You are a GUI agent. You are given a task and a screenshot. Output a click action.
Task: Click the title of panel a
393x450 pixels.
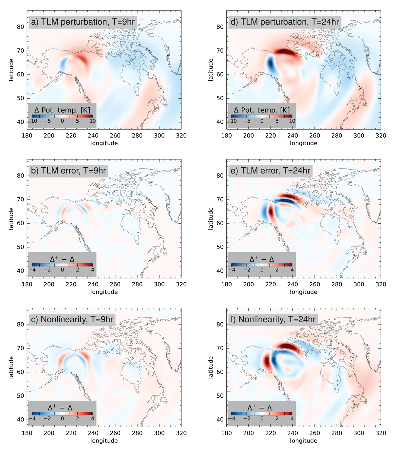click(x=83, y=22)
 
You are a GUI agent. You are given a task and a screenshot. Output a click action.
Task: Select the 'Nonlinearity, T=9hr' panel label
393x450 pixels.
click(x=72, y=319)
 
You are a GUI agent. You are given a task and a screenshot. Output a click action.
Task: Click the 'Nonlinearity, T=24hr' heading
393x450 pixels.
click(x=272, y=319)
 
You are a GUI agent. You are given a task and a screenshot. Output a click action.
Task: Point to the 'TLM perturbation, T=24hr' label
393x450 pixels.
click(x=285, y=22)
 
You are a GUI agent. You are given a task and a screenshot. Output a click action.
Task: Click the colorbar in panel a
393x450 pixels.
click(x=62, y=116)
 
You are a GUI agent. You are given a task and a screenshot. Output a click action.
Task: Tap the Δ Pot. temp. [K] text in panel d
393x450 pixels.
click(x=262, y=110)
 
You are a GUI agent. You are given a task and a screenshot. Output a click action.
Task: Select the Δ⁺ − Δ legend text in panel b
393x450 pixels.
click(x=62, y=259)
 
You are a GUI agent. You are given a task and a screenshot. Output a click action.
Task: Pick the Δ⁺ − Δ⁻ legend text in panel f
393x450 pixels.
click(x=262, y=407)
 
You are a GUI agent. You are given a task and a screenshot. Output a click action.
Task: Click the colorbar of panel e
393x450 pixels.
click(x=262, y=265)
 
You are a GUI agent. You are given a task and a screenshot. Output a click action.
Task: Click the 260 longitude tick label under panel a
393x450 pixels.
click(x=115, y=136)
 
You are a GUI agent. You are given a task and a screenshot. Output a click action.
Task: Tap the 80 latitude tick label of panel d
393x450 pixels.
click(x=220, y=27)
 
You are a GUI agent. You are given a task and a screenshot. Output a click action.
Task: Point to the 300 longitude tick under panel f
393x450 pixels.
click(x=359, y=433)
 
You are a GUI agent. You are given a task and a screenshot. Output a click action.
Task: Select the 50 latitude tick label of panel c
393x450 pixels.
click(x=20, y=396)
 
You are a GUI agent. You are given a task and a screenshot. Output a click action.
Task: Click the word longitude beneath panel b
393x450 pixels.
click(x=104, y=292)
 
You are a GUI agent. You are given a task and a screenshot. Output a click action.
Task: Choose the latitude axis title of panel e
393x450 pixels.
click(x=211, y=219)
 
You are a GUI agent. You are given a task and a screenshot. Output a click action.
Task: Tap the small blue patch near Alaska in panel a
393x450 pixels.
click(x=64, y=64)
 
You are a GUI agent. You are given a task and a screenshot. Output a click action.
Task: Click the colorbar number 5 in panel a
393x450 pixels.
click(x=77, y=121)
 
